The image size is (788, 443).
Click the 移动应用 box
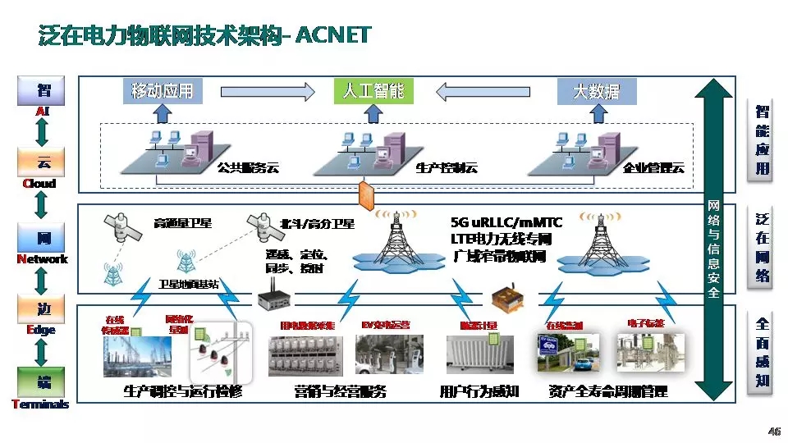(x=163, y=90)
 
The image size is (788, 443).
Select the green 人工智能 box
(x=373, y=90)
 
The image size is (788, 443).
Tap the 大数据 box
(x=597, y=90)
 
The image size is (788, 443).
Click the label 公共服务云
(x=248, y=168)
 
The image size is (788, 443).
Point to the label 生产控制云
(x=446, y=168)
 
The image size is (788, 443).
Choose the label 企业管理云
(x=653, y=168)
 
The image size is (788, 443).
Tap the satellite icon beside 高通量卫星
(x=115, y=223)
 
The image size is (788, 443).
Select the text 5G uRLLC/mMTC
(x=506, y=222)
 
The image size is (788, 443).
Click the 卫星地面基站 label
(x=188, y=284)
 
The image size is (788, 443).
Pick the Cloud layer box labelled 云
(x=40, y=162)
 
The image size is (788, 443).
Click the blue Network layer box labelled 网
(x=40, y=238)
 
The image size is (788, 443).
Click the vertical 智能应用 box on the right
(x=763, y=139)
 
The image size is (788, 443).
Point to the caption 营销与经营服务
(x=340, y=392)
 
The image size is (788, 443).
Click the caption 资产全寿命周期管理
(x=608, y=392)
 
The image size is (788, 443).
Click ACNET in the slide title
(x=332, y=35)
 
